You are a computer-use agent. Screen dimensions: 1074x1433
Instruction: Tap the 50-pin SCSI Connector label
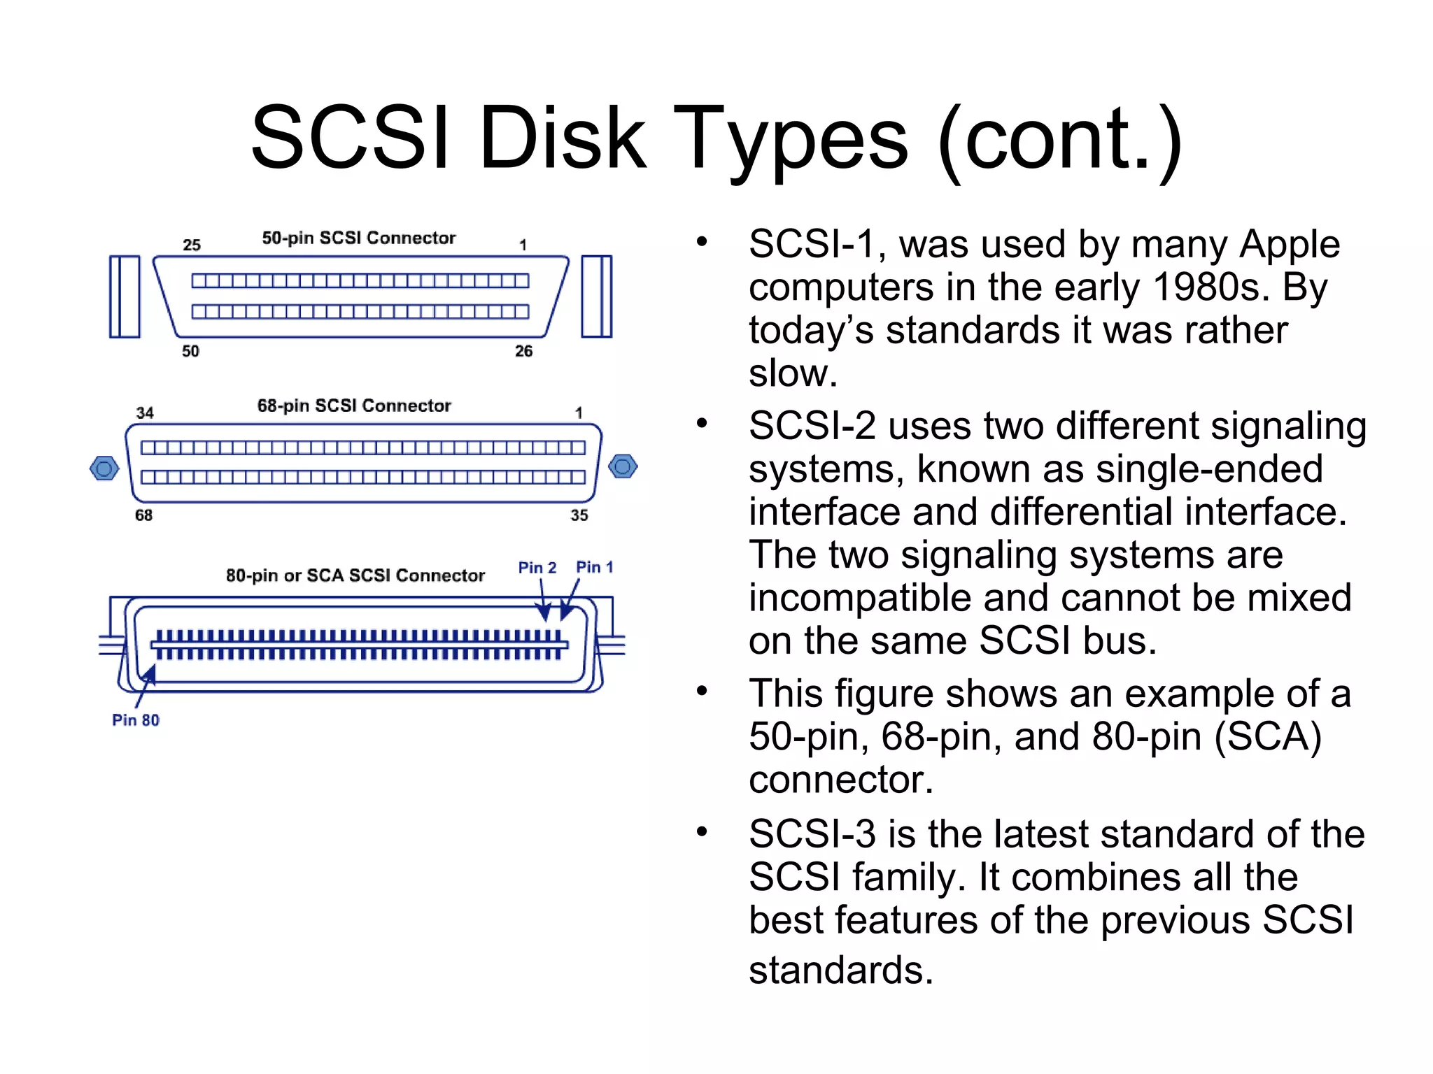358,238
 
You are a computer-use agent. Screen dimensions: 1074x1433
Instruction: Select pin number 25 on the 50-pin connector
192,245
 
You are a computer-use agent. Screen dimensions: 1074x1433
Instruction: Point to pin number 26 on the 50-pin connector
523,351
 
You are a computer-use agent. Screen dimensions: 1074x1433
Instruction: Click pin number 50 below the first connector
190,351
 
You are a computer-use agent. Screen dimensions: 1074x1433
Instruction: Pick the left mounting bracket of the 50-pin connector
125,296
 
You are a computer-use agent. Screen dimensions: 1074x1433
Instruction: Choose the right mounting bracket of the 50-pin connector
596,296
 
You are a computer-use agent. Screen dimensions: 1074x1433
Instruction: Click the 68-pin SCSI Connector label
354,406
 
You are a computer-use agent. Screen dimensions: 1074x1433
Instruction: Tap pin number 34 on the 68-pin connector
145,413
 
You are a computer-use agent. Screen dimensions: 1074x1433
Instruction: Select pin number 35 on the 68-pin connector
579,515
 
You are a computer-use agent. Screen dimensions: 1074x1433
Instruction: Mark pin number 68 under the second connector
143,515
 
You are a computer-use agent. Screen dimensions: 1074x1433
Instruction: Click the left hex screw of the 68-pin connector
104,468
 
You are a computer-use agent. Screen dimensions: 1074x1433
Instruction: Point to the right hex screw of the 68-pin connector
623,466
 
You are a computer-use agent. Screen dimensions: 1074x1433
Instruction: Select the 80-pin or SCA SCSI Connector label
355,575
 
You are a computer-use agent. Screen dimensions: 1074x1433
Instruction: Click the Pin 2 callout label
537,567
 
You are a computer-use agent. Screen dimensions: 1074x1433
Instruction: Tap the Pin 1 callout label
594,567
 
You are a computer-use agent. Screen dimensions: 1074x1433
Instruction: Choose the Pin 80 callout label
136,720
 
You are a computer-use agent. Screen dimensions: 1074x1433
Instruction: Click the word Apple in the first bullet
1289,245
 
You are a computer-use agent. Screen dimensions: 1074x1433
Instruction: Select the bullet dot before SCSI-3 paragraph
702,832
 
